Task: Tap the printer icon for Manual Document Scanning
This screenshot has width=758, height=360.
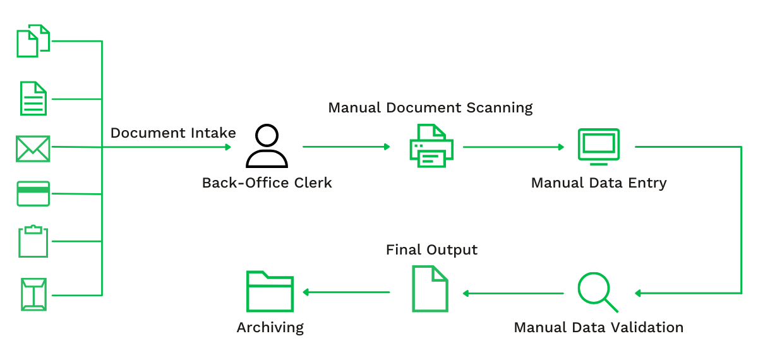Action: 431,146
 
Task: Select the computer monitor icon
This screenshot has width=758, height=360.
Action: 598,147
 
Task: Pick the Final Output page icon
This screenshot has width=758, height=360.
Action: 430,289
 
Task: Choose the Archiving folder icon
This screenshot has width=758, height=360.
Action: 270,291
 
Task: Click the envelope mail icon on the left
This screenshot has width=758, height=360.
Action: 33,149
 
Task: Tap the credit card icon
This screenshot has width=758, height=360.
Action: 33,193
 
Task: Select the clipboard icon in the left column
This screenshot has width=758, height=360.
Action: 33,241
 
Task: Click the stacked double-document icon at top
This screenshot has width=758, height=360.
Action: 33,41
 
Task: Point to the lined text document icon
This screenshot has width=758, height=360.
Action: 33,98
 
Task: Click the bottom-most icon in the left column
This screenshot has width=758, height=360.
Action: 33,294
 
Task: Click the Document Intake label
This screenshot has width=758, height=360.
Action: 173,133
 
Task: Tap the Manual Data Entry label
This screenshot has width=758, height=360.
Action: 598,183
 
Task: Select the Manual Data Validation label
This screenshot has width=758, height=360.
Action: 598,328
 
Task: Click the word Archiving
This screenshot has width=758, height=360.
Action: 270,328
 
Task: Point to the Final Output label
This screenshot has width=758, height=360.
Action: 431,250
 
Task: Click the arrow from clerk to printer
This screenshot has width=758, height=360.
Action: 346,147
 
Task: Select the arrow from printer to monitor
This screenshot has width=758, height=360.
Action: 513,147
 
